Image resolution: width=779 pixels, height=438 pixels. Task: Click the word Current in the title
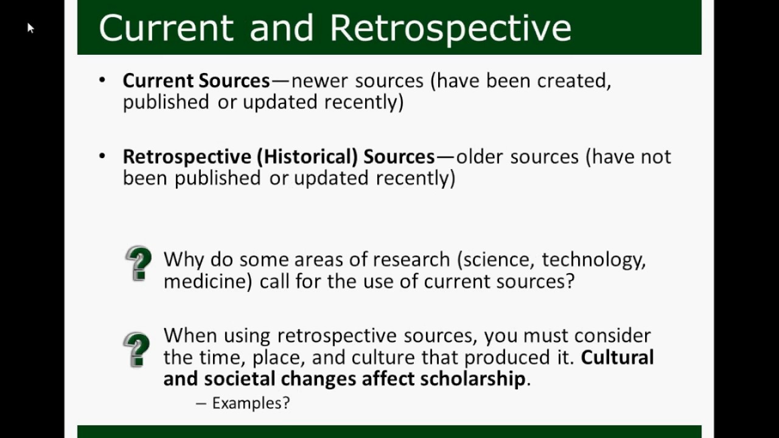pos(166,27)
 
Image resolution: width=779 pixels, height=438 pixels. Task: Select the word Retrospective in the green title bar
pos(450,27)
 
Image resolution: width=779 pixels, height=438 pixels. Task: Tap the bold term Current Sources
pos(196,80)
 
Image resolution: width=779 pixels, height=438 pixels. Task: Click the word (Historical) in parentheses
pos(307,156)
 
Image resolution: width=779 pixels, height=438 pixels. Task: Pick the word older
pos(480,156)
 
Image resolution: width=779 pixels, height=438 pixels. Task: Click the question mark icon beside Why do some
pos(138,263)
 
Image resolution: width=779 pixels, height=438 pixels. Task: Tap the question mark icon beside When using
pos(137,349)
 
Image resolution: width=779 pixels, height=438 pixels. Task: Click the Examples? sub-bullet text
pos(250,403)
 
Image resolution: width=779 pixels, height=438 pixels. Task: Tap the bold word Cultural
pos(617,356)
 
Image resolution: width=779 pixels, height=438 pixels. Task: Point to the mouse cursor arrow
pos(30,27)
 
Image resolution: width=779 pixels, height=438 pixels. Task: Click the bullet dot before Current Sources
pos(102,80)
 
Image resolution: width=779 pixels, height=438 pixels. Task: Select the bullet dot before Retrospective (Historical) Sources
pos(102,156)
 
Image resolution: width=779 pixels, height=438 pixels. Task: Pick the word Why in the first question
pos(184,260)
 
